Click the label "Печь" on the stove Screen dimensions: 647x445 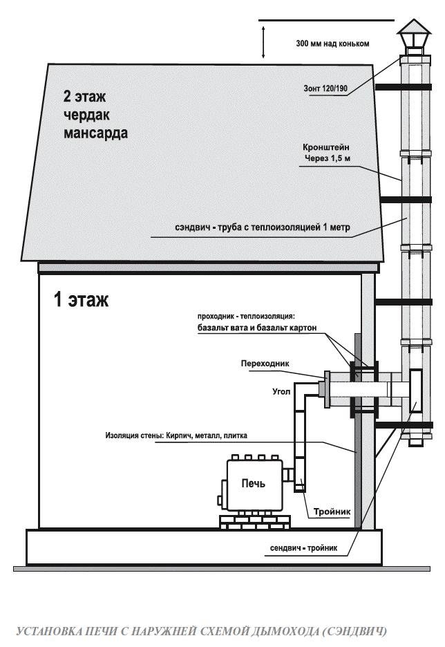tap(252, 482)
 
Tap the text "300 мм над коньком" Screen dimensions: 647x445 tap(332, 44)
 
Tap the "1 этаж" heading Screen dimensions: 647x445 tap(81, 300)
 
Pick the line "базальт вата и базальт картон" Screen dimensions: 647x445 tap(256, 328)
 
